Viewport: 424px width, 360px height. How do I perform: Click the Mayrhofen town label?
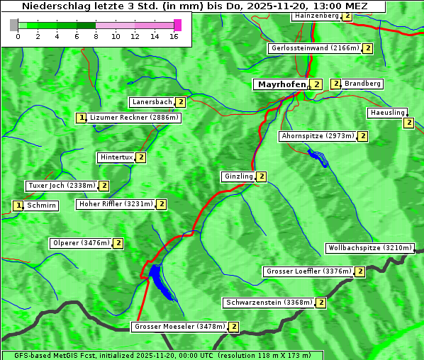[x=281, y=84]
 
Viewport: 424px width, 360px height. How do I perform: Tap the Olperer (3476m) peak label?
[x=82, y=243]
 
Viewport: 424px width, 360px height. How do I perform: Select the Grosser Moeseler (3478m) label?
[x=179, y=327]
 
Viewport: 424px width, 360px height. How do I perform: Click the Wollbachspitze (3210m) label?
[x=369, y=248]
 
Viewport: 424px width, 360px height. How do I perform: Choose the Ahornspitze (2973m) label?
[x=317, y=135]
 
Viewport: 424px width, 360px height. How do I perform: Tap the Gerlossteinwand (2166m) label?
[x=314, y=48]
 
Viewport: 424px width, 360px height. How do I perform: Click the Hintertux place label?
[x=116, y=157]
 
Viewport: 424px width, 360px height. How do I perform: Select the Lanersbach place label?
[x=152, y=102]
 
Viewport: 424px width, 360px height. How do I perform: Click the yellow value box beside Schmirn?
[x=18, y=206]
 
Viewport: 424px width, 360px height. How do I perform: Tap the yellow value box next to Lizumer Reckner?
[x=82, y=118]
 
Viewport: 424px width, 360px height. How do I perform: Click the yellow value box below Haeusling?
[x=408, y=123]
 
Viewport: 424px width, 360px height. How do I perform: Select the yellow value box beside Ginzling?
[x=261, y=176]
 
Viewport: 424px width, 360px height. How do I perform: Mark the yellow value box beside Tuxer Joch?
[x=104, y=186]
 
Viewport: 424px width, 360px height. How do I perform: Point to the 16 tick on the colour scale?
[x=174, y=36]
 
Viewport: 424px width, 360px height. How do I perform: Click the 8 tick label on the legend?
[x=95, y=36]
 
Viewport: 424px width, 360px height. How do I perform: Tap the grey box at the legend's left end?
[x=14, y=25]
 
